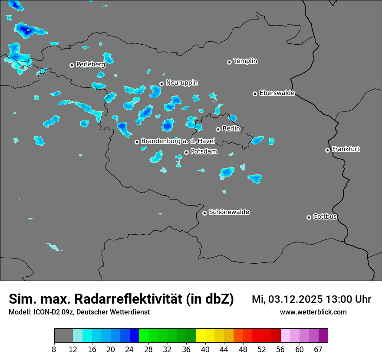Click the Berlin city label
coord(231,129)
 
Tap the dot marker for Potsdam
coord(186,152)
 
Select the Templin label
coord(245,61)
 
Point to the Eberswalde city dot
coord(255,94)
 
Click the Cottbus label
coord(325,217)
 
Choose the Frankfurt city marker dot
coord(327,150)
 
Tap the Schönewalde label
coord(229,212)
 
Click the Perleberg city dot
coord(72,65)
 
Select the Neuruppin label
coord(181,83)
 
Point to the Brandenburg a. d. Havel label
coord(178,141)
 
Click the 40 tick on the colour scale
coord(205,349)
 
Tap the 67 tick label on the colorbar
coord(318,349)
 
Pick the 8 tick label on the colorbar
coord(54,349)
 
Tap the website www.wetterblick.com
coord(313,312)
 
